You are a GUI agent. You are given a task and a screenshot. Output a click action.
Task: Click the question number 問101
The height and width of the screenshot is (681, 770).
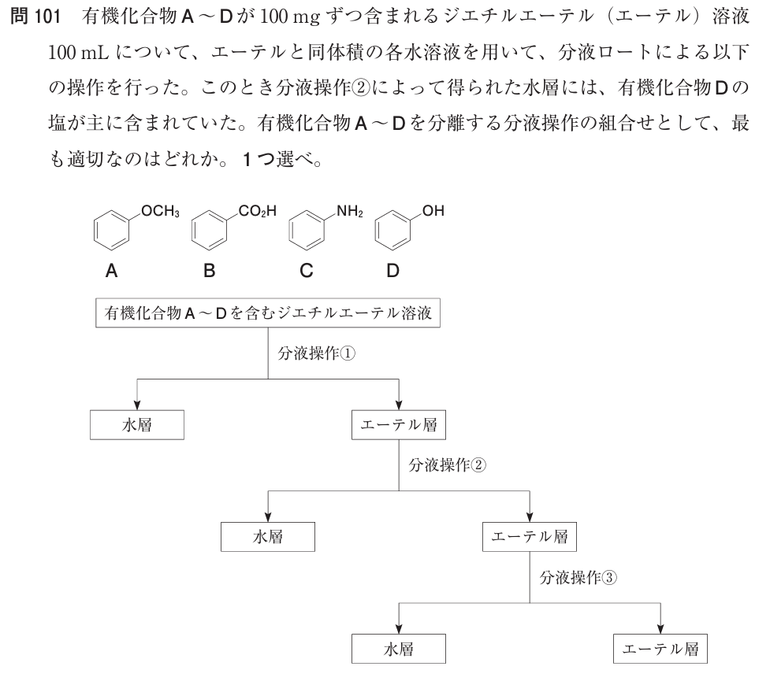37,15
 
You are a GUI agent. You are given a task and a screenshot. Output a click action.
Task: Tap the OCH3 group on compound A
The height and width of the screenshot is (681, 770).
162,211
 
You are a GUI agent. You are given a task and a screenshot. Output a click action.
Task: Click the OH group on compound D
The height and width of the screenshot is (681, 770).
433,211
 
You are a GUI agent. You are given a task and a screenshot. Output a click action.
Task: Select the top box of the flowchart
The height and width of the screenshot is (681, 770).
268,313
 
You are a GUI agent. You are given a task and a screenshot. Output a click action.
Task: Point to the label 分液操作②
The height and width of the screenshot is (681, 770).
448,464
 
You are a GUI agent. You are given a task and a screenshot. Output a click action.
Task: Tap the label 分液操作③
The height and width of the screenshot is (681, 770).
578,576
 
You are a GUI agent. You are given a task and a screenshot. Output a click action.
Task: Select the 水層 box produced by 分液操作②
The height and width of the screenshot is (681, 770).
269,537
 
